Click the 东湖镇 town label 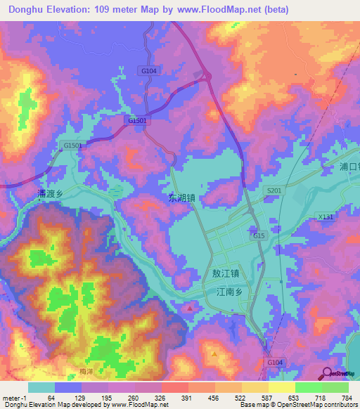click(x=183, y=198)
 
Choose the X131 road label click(x=325, y=218)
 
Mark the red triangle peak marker click(x=190, y=308)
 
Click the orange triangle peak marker click(x=214, y=353)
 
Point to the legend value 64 click(x=51, y=398)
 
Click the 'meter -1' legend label click(x=14, y=398)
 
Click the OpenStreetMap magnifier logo click(x=328, y=375)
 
